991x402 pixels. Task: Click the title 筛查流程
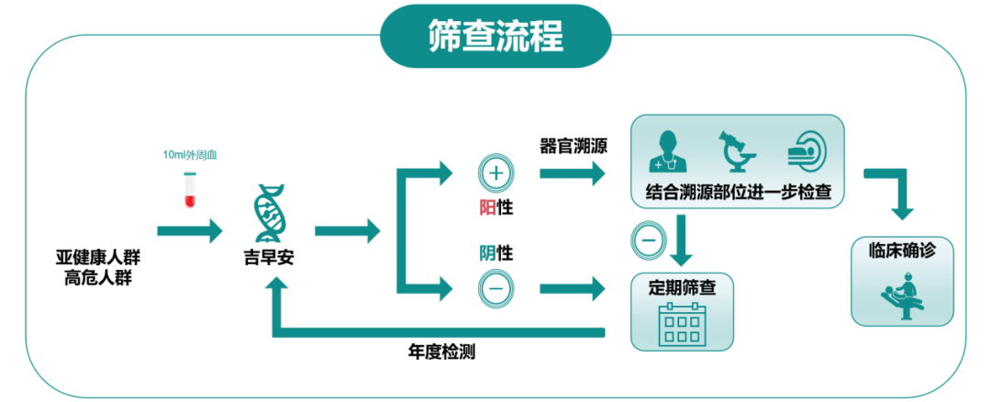[495, 36]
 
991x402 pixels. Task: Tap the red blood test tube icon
[191, 187]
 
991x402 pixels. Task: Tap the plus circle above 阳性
[496, 173]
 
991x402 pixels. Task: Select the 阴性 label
[496, 252]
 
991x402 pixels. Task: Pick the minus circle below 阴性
[496, 287]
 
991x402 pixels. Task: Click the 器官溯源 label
[574, 146]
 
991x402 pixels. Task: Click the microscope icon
[735, 151]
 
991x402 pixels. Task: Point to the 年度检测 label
[441, 353]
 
